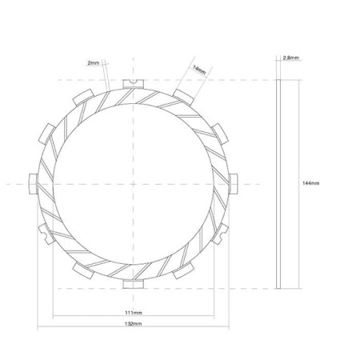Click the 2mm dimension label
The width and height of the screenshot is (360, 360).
click(93, 63)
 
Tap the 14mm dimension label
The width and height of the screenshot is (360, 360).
click(199, 70)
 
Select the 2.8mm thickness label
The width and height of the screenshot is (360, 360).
click(291, 58)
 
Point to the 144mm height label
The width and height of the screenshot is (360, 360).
click(310, 183)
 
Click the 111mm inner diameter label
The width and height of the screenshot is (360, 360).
click(134, 313)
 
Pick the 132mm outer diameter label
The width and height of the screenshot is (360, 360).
click(134, 324)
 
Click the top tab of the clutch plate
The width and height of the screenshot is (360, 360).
click(134, 84)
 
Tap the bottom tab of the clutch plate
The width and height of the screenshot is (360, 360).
click(134, 284)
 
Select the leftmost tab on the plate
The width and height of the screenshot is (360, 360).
click(34, 184)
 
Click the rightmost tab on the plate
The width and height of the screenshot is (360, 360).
click(234, 184)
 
